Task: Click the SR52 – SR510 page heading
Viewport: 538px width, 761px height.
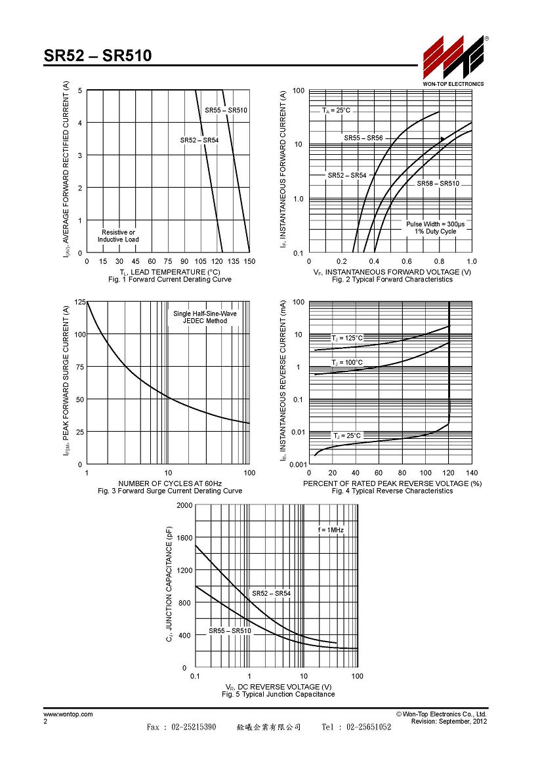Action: click(x=98, y=56)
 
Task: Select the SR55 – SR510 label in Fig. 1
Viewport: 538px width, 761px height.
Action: click(x=226, y=110)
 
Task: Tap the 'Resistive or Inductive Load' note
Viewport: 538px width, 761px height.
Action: click(x=118, y=236)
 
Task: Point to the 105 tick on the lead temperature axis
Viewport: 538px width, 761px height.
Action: click(x=201, y=261)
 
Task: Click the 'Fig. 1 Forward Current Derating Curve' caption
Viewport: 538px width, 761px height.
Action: click(x=170, y=279)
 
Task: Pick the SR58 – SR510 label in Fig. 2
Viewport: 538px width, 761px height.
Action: click(x=438, y=184)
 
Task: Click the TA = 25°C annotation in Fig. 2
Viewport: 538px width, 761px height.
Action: click(x=336, y=111)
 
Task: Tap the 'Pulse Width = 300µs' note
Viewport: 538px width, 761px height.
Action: click(x=436, y=224)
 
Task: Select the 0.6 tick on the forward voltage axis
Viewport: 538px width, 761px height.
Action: click(x=407, y=261)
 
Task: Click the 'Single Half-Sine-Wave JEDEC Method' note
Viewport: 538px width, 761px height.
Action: click(x=205, y=317)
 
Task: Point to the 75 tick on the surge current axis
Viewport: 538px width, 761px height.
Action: click(x=79, y=367)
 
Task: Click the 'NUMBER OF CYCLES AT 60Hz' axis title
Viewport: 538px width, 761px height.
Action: click(x=170, y=483)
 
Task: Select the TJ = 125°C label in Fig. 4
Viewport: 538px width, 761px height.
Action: click(x=347, y=338)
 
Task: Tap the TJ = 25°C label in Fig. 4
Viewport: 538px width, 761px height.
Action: click(x=347, y=436)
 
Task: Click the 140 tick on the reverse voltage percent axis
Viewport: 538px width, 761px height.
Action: click(x=472, y=473)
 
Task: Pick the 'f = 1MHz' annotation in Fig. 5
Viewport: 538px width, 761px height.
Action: click(x=331, y=530)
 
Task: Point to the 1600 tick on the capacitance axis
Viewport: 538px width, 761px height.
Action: click(x=184, y=538)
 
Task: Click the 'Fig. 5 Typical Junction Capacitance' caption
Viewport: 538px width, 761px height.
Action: click(x=278, y=695)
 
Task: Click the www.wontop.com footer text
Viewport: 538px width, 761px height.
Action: click(x=68, y=714)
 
